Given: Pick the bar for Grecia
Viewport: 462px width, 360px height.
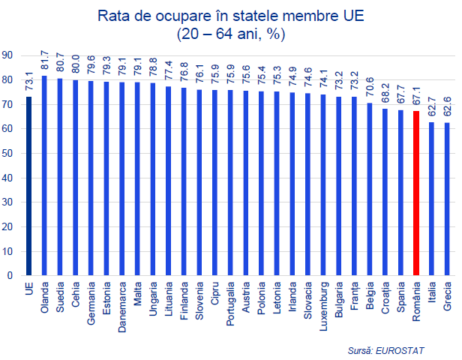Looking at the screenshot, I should coord(448,199).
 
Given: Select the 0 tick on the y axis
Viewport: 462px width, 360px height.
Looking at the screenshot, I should coord(10,275).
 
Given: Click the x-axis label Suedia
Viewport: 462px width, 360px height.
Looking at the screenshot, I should coord(61,294).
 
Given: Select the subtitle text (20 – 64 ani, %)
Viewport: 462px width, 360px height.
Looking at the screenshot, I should coord(231,34).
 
